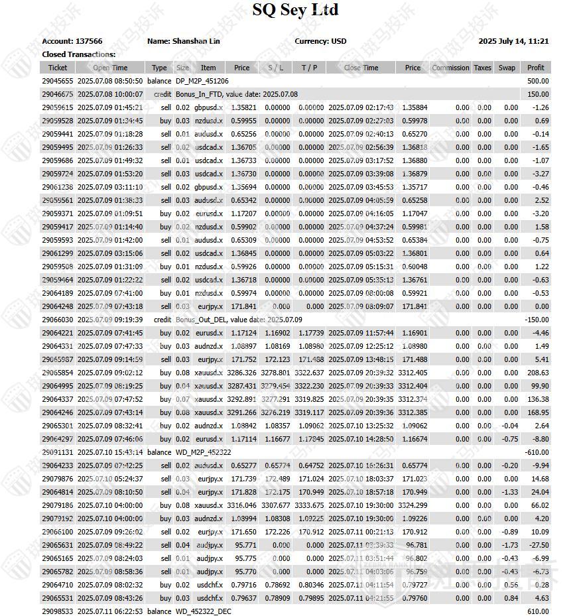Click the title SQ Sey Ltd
pos(295,10)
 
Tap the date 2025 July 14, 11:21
pos(513,41)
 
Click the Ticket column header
pos(58,68)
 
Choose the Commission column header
pos(450,68)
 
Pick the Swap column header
pos(507,68)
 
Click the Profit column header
pos(536,68)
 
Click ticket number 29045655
pos(58,81)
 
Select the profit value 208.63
pos(537,373)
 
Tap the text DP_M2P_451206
pos(202,81)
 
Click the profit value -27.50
pos(537,545)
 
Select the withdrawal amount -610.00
pos(537,452)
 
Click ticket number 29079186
pos(58,505)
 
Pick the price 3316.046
pos(241,505)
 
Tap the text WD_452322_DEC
pos(204,611)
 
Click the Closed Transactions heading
pos(79,54)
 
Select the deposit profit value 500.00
pos(538,81)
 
